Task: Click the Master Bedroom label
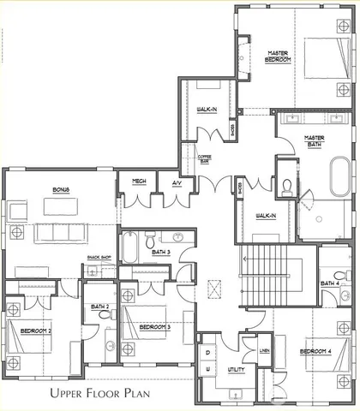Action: (279, 56)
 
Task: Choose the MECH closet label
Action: (138, 182)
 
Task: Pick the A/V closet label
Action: (177, 182)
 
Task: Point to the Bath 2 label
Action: (100, 306)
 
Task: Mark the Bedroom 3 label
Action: (155, 327)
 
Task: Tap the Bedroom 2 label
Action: (38, 330)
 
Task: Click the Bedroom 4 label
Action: (315, 351)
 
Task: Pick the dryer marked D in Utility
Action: (208, 353)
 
